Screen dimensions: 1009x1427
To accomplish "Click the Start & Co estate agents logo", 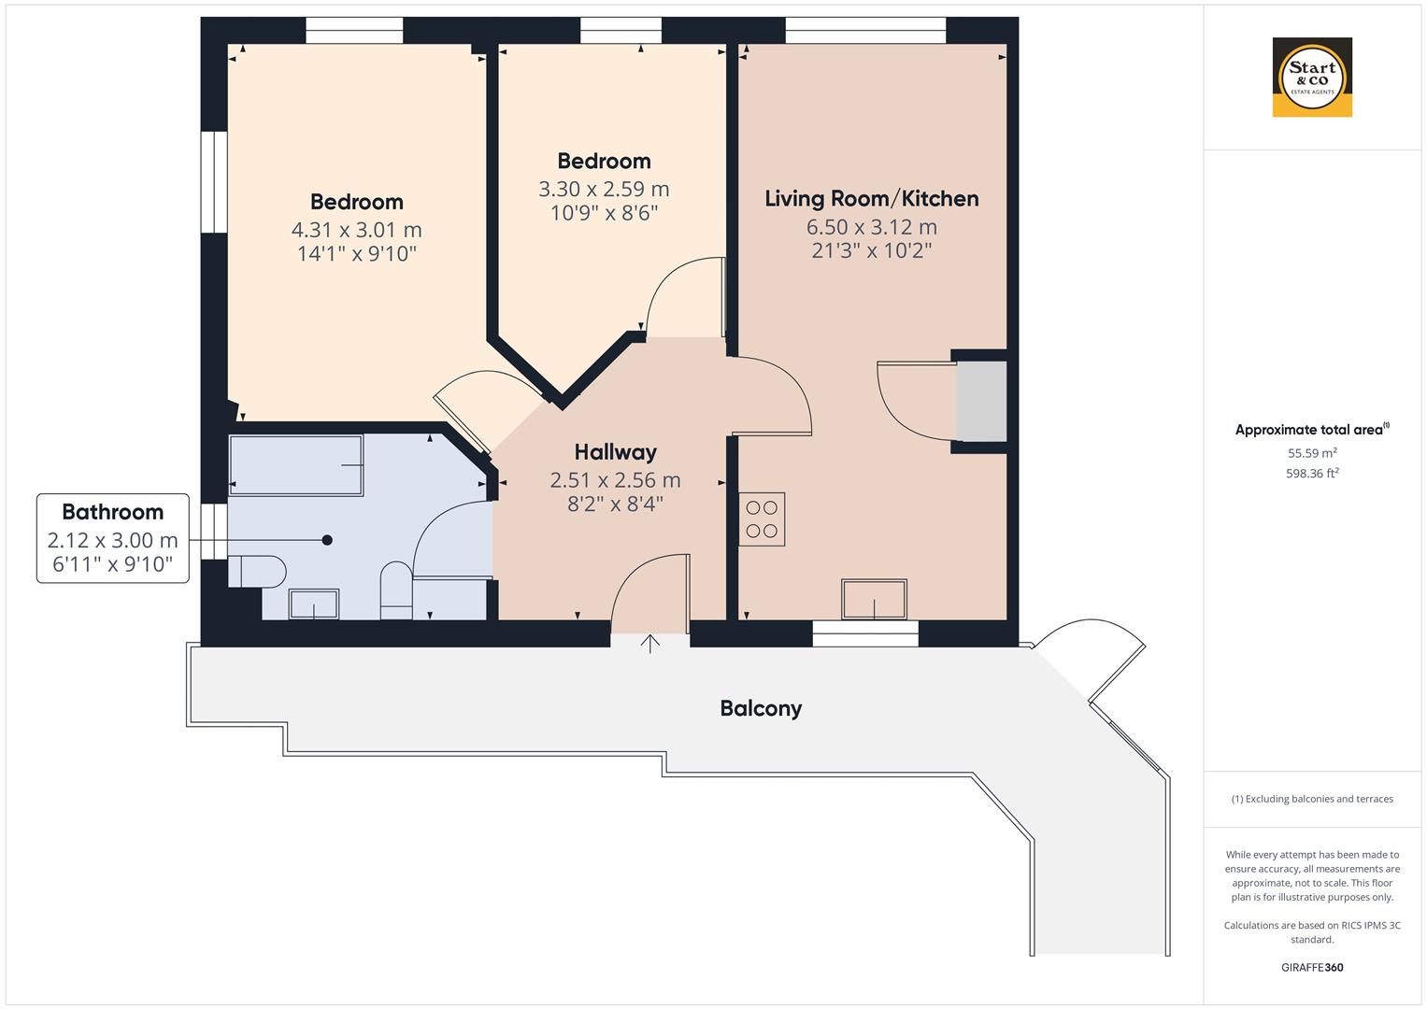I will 1312,77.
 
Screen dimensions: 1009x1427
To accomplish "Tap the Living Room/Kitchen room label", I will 871,198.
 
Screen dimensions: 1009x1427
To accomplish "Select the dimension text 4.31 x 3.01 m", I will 356,230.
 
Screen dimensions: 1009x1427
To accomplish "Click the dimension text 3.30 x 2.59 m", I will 604,189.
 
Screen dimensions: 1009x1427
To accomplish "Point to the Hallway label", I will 615,452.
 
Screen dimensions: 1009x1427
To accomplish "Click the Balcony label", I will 761,708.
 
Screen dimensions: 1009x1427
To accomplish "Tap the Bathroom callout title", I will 112,512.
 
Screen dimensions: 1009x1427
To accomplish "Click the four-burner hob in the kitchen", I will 762,519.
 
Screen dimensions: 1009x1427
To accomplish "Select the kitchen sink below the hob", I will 874,599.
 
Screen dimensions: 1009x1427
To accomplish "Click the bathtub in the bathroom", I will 296,464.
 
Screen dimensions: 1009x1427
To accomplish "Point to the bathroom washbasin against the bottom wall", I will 314,604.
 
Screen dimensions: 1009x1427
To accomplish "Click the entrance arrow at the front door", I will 650,643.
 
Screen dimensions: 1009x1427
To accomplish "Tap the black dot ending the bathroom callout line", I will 327,540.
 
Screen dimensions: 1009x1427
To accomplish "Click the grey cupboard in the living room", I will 981,402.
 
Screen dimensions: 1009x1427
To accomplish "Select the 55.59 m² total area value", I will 1312,453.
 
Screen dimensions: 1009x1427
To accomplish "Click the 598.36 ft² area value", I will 1312,474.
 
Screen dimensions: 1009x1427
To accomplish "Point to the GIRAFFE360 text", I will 1312,967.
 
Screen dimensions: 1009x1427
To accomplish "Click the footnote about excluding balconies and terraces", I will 1312,799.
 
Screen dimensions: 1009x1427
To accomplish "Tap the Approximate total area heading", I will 1310,430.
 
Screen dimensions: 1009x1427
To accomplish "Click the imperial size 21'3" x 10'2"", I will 871,250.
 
